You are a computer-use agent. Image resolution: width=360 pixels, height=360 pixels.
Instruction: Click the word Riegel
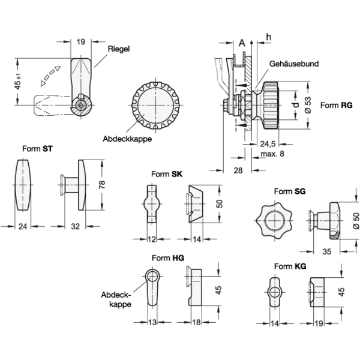coord(119,49)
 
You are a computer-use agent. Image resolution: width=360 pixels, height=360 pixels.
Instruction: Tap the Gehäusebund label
coord(294,64)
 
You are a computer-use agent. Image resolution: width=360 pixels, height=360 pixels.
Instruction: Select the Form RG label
coord(337,106)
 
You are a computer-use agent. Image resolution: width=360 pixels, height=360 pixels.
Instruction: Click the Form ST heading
coord(37,149)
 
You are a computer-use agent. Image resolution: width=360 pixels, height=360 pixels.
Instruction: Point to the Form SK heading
coord(167,174)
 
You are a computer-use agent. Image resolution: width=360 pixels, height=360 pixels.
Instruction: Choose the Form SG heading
coord(290,191)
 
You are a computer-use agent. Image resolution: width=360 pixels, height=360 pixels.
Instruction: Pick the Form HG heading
coord(168,258)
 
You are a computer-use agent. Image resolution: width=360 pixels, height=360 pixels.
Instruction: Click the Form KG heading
coord(290,266)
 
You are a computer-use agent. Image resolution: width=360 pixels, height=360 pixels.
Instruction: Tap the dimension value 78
coord(102,185)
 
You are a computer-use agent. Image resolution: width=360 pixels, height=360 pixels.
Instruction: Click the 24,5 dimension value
coord(268,144)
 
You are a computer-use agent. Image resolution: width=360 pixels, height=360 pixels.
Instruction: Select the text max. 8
coord(272,154)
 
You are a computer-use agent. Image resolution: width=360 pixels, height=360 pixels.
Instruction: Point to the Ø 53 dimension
coord(308,105)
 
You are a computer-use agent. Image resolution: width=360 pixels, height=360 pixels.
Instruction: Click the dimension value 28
coord(238,170)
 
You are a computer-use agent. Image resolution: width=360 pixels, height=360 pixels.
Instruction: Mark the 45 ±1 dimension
coord(18,82)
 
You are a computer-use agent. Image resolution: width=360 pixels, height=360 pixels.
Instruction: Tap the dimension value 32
coord(75,227)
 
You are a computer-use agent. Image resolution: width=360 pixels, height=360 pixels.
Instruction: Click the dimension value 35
coord(327,251)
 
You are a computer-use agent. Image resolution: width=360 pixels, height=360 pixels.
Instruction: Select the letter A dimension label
coord(242,43)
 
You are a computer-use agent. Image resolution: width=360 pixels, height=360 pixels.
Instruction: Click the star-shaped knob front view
coord(274,221)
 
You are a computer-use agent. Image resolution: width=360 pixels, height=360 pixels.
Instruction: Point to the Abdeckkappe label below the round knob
coord(127,139)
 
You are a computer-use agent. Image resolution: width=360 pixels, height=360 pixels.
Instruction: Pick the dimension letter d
coord(296,105)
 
